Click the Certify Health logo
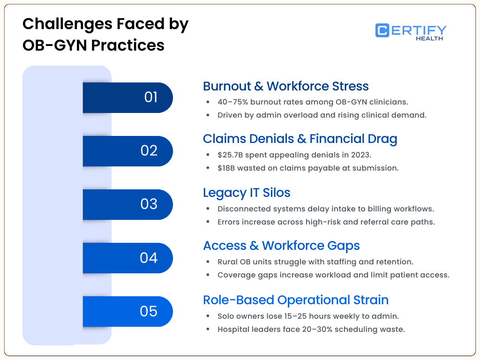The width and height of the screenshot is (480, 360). point(411,31)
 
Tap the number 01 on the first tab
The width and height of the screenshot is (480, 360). point(151,97)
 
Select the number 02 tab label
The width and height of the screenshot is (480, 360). point(149,151)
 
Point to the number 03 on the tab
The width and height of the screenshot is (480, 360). point(149,204)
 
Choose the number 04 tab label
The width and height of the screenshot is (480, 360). point(149,258)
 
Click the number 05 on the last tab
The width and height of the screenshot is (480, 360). point(149,311)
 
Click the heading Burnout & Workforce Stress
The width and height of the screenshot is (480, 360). point(285,86)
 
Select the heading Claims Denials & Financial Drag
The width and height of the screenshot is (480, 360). point(300,139)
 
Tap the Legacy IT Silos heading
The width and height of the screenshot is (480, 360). point(247,193)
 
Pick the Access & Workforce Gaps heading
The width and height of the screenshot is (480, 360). point(281,246)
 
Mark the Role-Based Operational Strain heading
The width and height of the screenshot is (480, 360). point(295,300)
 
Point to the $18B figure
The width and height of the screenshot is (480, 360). point(226,168)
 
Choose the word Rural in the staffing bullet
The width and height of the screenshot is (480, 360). point(228,262)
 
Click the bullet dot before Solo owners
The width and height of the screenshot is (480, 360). point(208,316)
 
